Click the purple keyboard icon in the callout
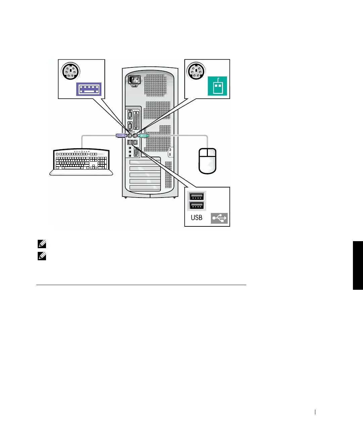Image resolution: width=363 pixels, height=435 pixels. point(89,89)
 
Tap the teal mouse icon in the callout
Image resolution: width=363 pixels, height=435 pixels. point(217,86)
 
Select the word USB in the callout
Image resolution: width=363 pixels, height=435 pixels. point(196,218)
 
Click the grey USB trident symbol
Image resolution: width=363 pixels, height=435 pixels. point(219,218)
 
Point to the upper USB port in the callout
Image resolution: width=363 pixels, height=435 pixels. point(197,196)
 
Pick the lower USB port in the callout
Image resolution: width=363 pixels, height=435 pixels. point(197,205)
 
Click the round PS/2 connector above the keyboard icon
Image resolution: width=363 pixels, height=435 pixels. point(70,71)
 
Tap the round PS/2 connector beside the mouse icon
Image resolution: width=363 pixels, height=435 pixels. point(196,71)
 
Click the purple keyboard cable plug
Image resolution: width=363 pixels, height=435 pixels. point(121,136)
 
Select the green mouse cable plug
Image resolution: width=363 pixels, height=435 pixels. point(143,136)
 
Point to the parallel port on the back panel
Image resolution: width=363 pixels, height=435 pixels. point(136,120)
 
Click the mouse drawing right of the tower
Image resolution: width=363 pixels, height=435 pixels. point(208,161)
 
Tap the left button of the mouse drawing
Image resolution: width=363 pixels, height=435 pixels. point(203,153)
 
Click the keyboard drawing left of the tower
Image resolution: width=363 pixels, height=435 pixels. point(82,162)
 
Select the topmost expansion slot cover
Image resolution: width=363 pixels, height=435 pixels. point(145,163)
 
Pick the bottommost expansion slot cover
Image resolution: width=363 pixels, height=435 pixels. point(145,187)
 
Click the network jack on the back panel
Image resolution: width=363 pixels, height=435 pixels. point(135,143)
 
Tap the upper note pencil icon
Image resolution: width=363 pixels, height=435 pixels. point(42,244)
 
